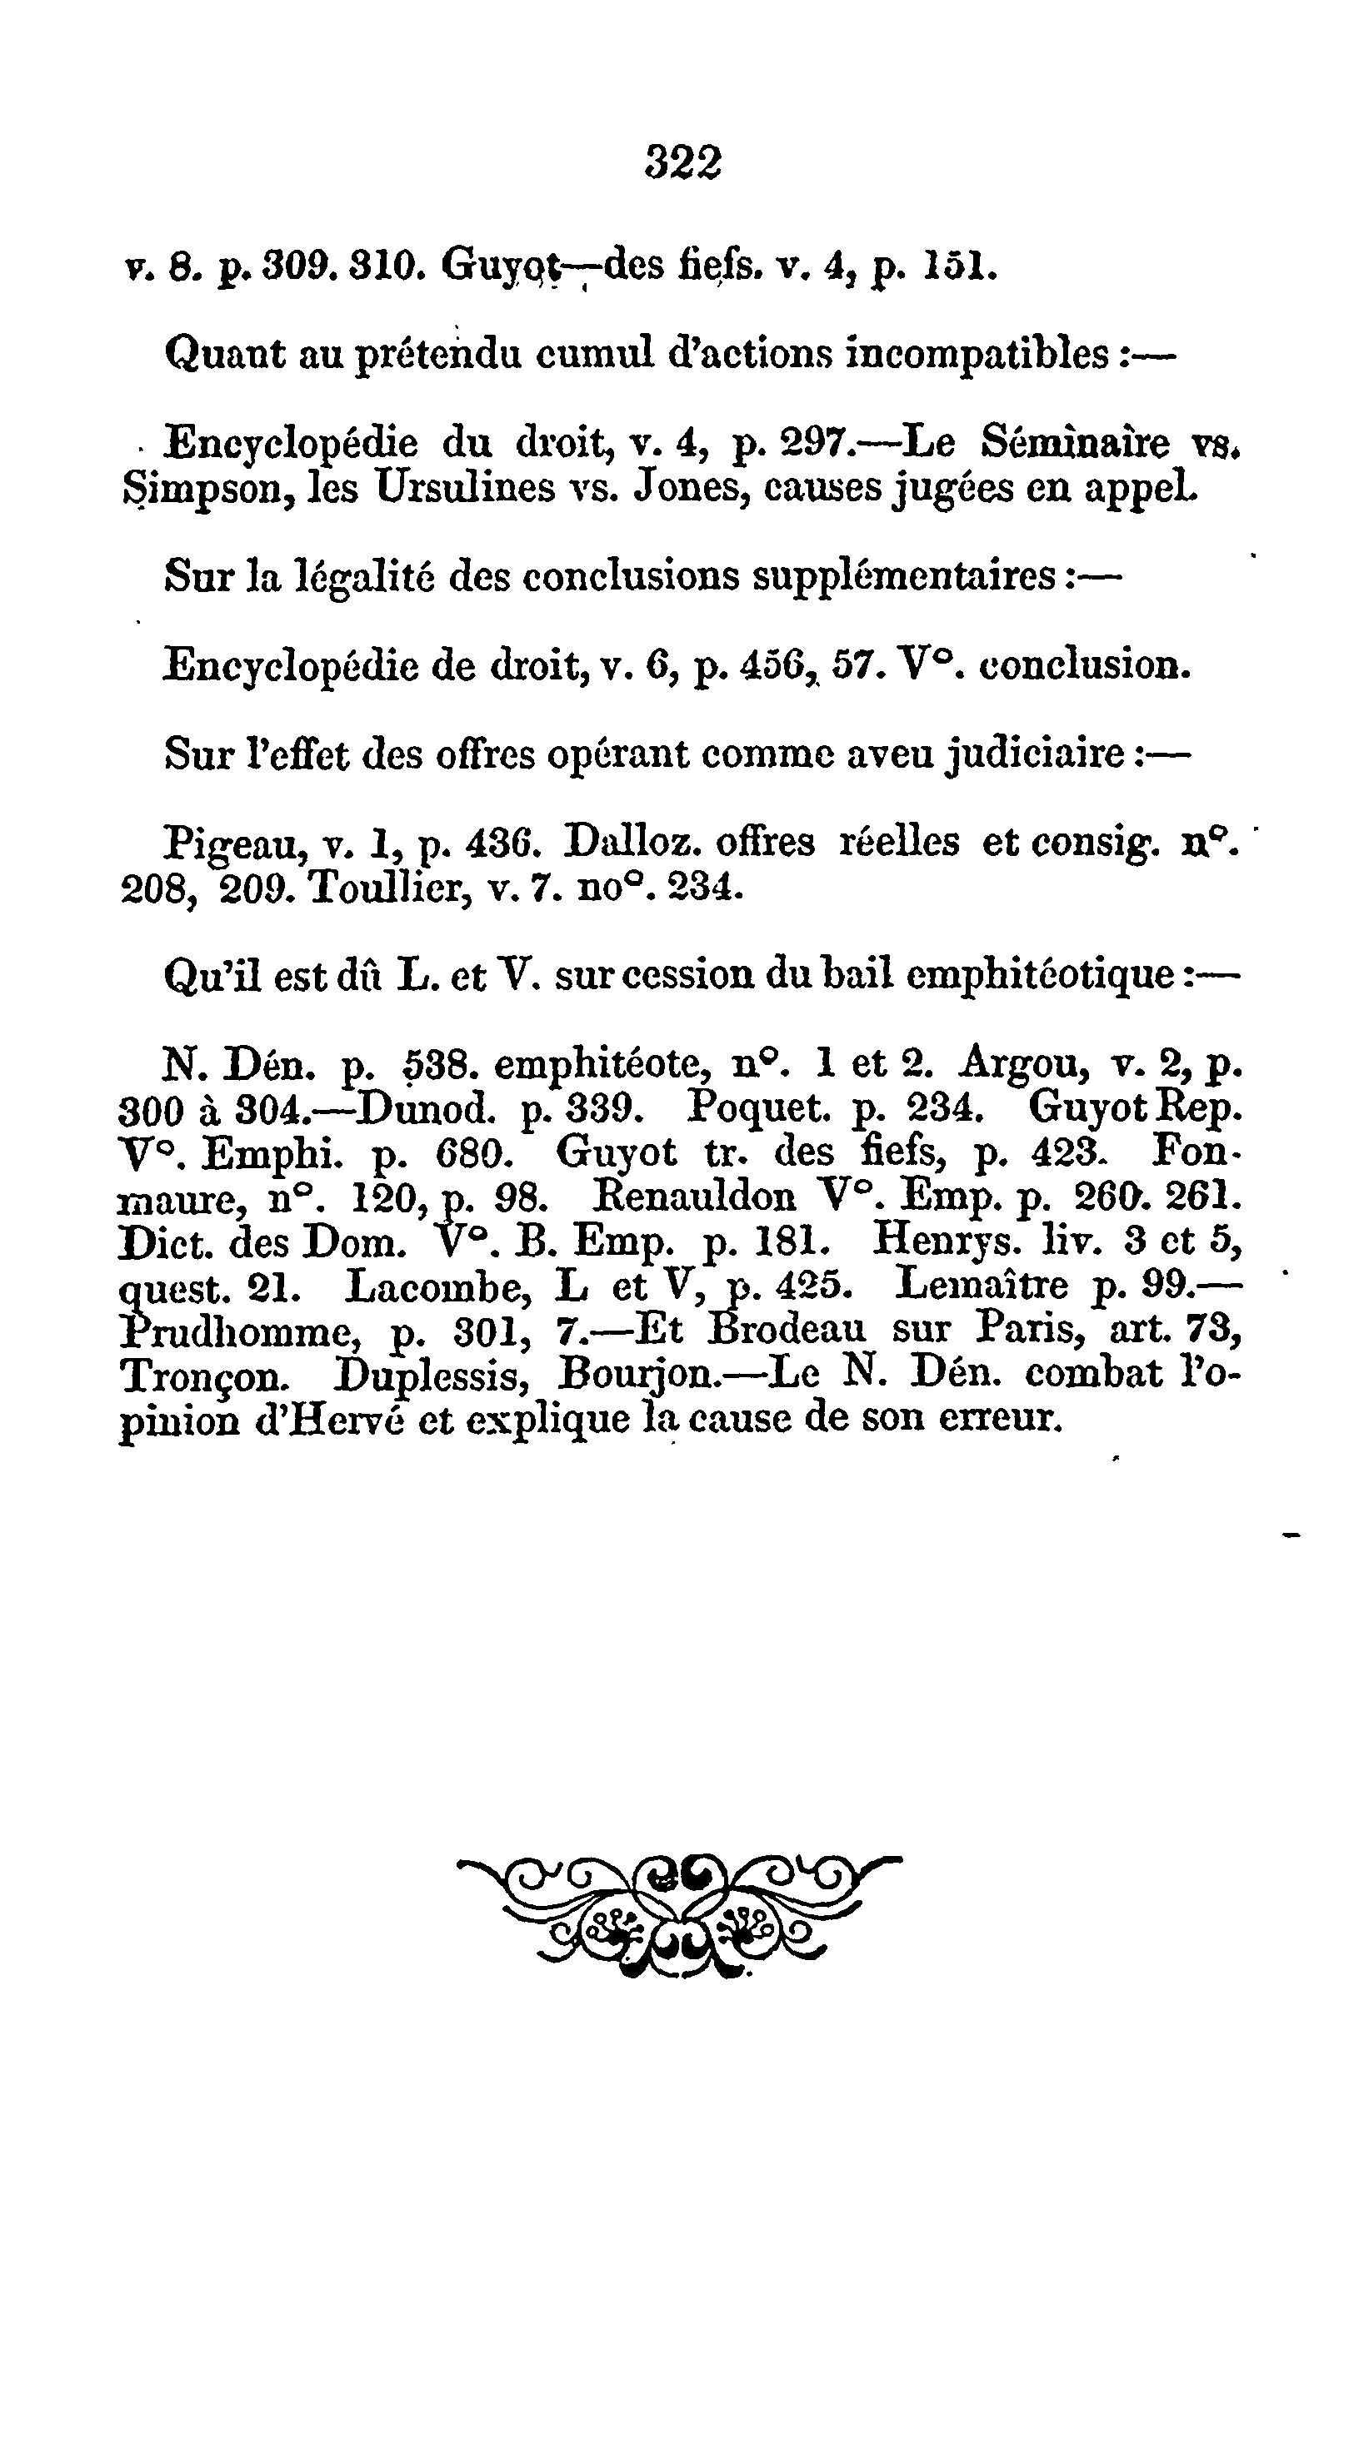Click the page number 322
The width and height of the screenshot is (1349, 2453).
(x=683, y=162)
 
